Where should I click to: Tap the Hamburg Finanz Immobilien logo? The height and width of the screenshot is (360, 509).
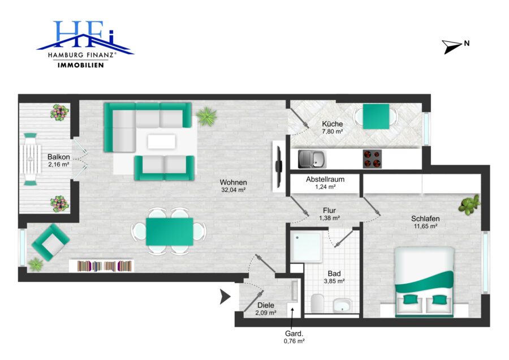click(x=85, y=44)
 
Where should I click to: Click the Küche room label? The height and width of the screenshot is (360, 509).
click(x=333, y=124)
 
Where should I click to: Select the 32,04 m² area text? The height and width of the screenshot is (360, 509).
click(x=233, y=190)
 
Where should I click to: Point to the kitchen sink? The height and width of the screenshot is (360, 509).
click(x=312, y=159)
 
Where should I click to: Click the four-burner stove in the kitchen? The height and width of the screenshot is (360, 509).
click(x=372, y=159)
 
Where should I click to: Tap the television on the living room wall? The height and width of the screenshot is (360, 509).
click(x=278, y=166)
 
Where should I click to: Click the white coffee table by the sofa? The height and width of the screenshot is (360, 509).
click(x=161, y=142)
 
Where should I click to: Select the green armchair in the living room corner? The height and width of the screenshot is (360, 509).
click(x=50, y=242)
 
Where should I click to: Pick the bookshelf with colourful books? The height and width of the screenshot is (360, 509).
click(x=102, y=266)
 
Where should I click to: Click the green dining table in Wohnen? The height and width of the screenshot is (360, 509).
click(x=170, y=232)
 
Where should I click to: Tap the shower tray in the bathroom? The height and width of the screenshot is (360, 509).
click(x=306, y=246)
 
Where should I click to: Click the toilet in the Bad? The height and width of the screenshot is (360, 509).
click(x=317, y=303)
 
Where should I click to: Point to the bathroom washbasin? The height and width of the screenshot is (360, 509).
click(x=342, y=306)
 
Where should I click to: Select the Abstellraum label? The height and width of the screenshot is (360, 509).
click(x=325, y=179)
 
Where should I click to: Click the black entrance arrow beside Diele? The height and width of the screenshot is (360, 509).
click(x=225, y=296)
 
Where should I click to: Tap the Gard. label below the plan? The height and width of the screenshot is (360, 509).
click(x=294, y=333)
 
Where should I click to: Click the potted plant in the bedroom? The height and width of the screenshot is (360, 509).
click(x=469, y=205)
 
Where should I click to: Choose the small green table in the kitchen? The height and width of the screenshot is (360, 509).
click(x=376, y=116)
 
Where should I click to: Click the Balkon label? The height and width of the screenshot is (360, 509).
click(x=58, y=157)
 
